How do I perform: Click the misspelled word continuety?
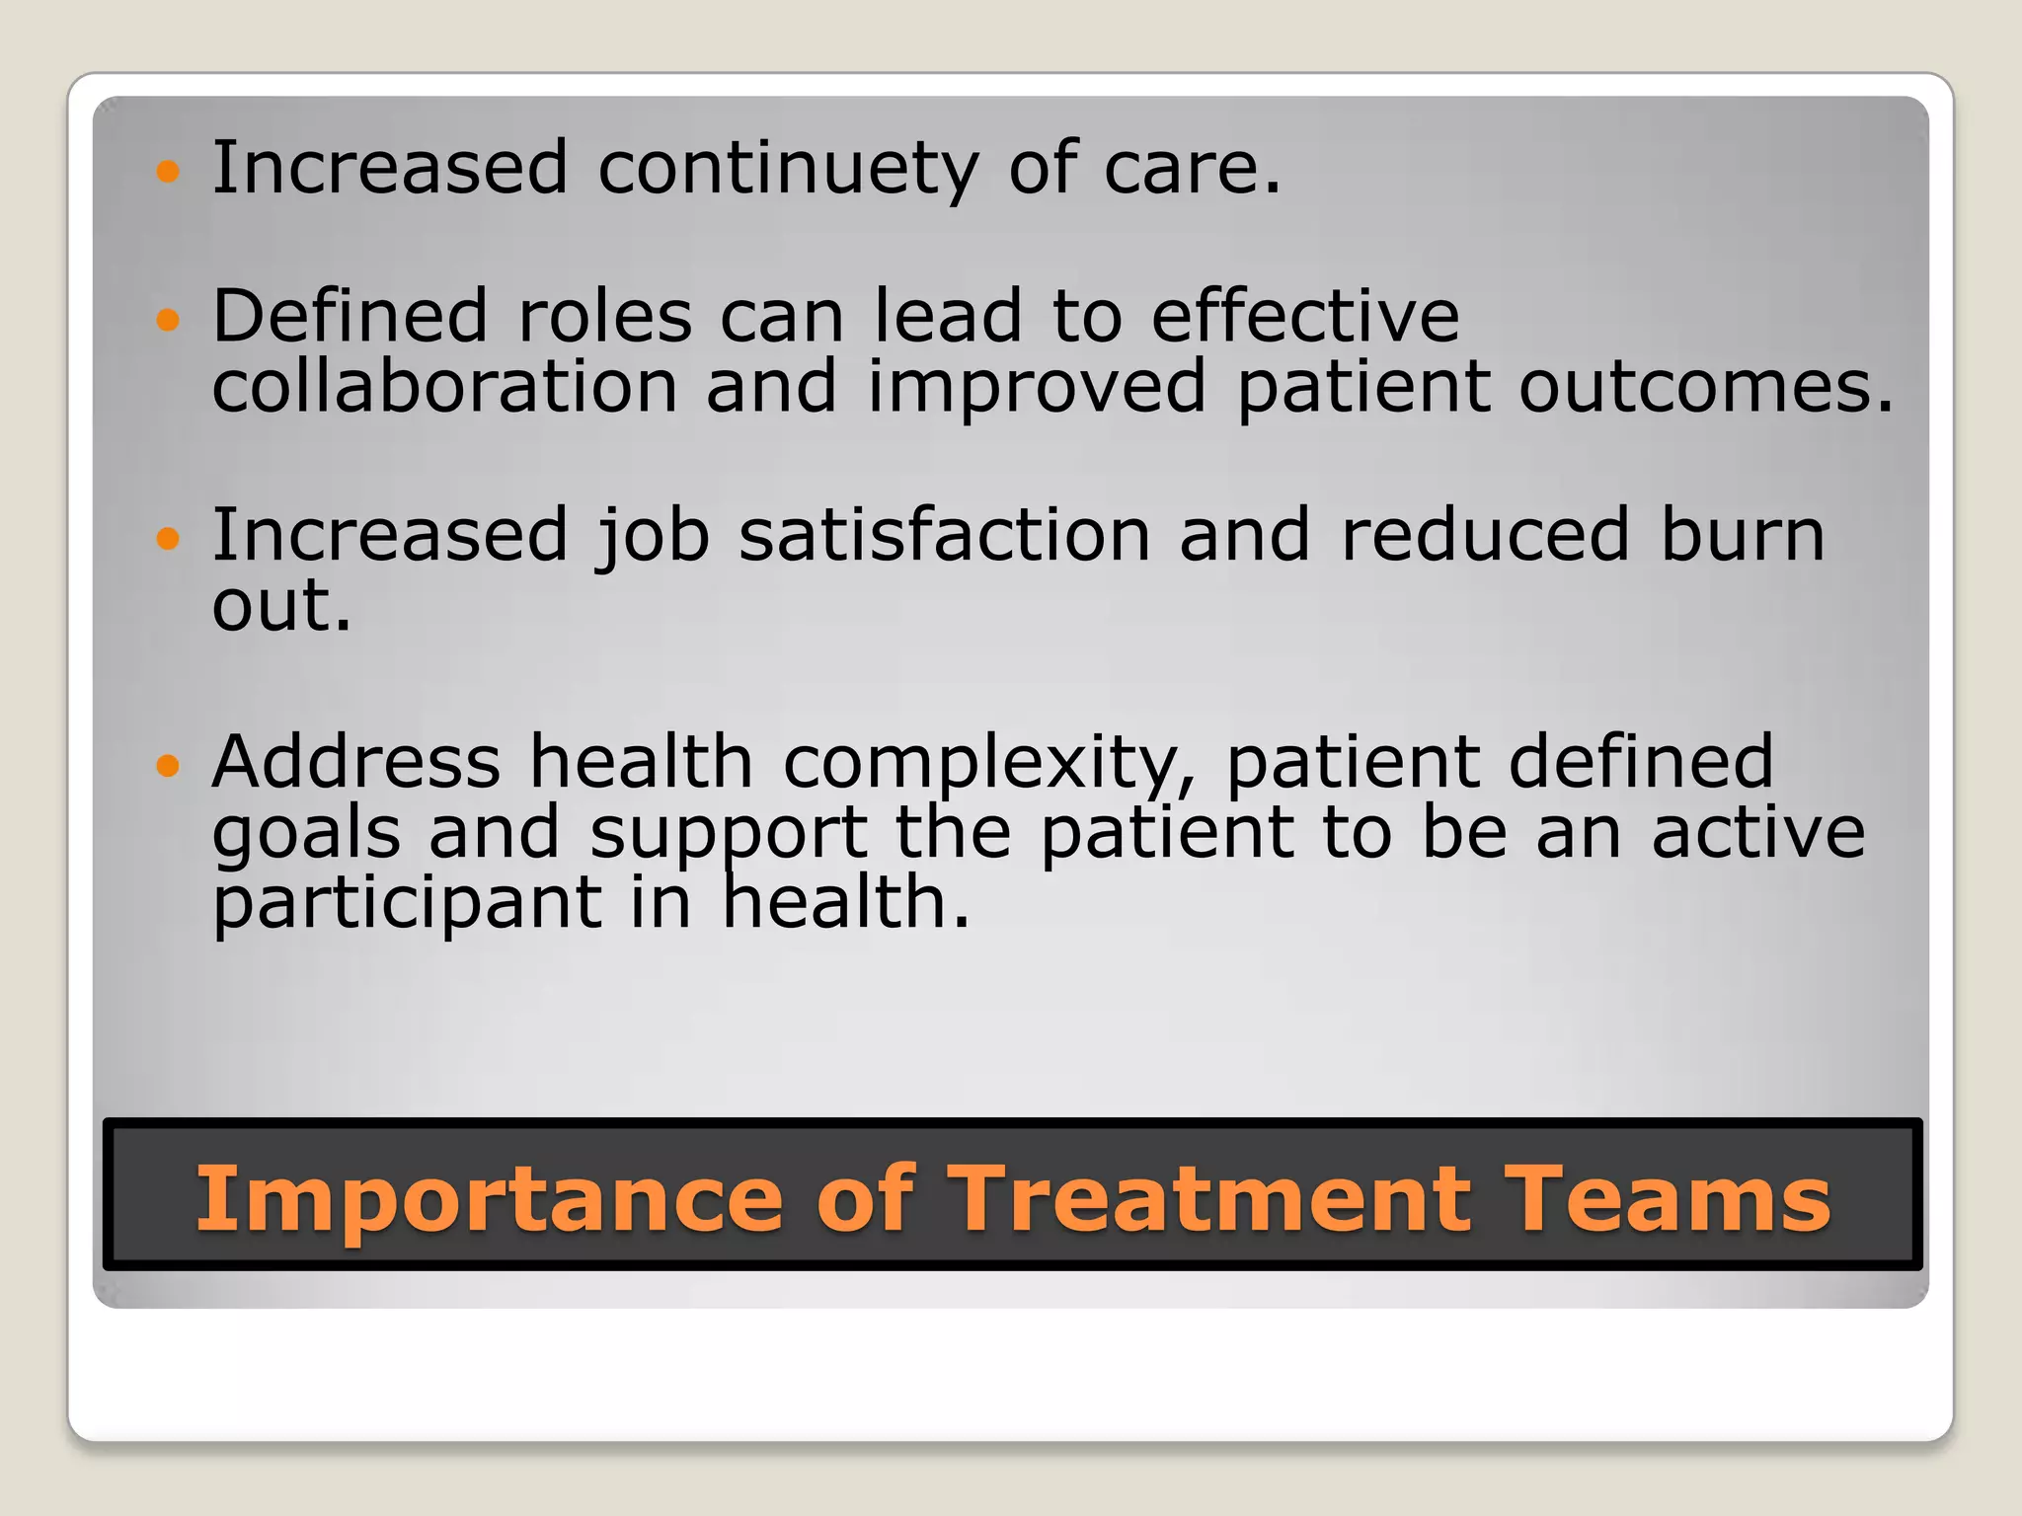[787, 170]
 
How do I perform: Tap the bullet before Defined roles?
[169, 319]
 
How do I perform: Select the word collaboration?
[444, 386]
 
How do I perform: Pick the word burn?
[1742, 536]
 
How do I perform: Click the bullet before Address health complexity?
[169, 765]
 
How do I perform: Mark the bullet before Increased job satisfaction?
[169, 538]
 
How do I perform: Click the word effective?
[1305, 317]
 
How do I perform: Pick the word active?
[1758, 833]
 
